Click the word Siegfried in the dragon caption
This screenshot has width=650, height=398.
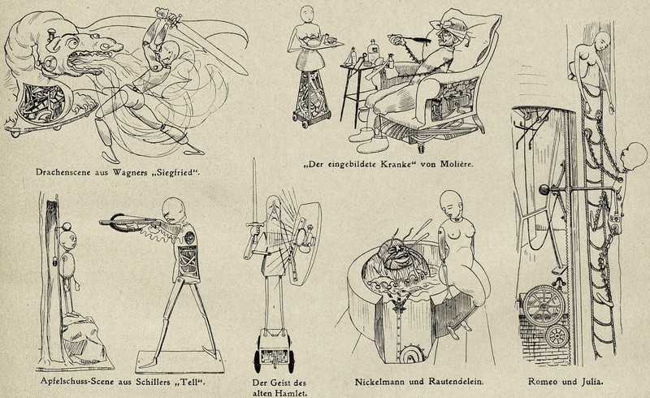click(176, 172)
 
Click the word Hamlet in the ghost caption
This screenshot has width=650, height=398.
click(292, 392)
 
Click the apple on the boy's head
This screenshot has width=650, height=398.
click(67, 227)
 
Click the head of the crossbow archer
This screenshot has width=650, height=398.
click(173, 210)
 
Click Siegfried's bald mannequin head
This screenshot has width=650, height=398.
click(170, 51)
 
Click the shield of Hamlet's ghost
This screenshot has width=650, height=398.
click(305, 243)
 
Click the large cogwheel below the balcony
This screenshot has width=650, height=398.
click(544, 305)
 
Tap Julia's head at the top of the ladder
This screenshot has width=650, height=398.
click(602, 41)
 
